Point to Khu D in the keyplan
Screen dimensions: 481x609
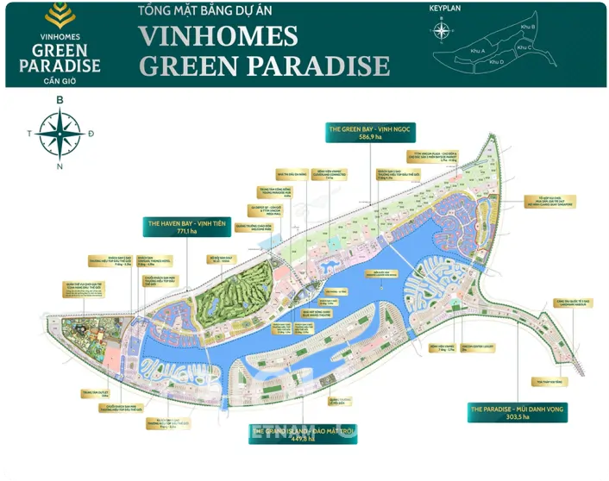tap(502, 52)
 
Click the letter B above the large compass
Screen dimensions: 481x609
tap(60, 100)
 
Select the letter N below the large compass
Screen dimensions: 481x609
tap(60, 166)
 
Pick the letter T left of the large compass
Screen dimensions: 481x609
tap(29, 134)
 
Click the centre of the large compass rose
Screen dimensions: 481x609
tap(60, 134)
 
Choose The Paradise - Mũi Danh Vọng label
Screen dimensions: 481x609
tap(517, 409)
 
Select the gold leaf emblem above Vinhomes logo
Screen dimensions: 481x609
tap(59, 14)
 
